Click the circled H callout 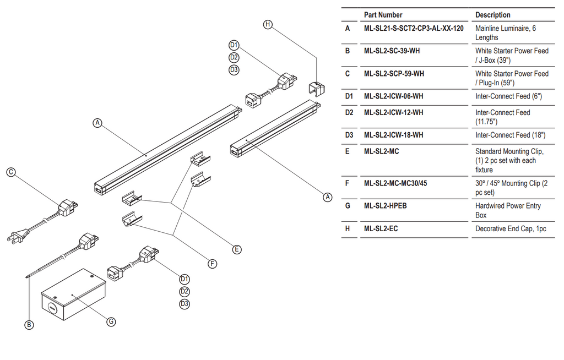268,24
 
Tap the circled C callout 11,172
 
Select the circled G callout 111,321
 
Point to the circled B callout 29,325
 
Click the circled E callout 237,249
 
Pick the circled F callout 212,264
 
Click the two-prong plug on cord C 15,237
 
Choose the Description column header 493,15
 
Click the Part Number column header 383,15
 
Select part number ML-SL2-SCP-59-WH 394,73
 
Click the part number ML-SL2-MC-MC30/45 395,183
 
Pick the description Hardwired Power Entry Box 508,210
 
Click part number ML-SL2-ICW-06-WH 393,96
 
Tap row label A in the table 348,28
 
